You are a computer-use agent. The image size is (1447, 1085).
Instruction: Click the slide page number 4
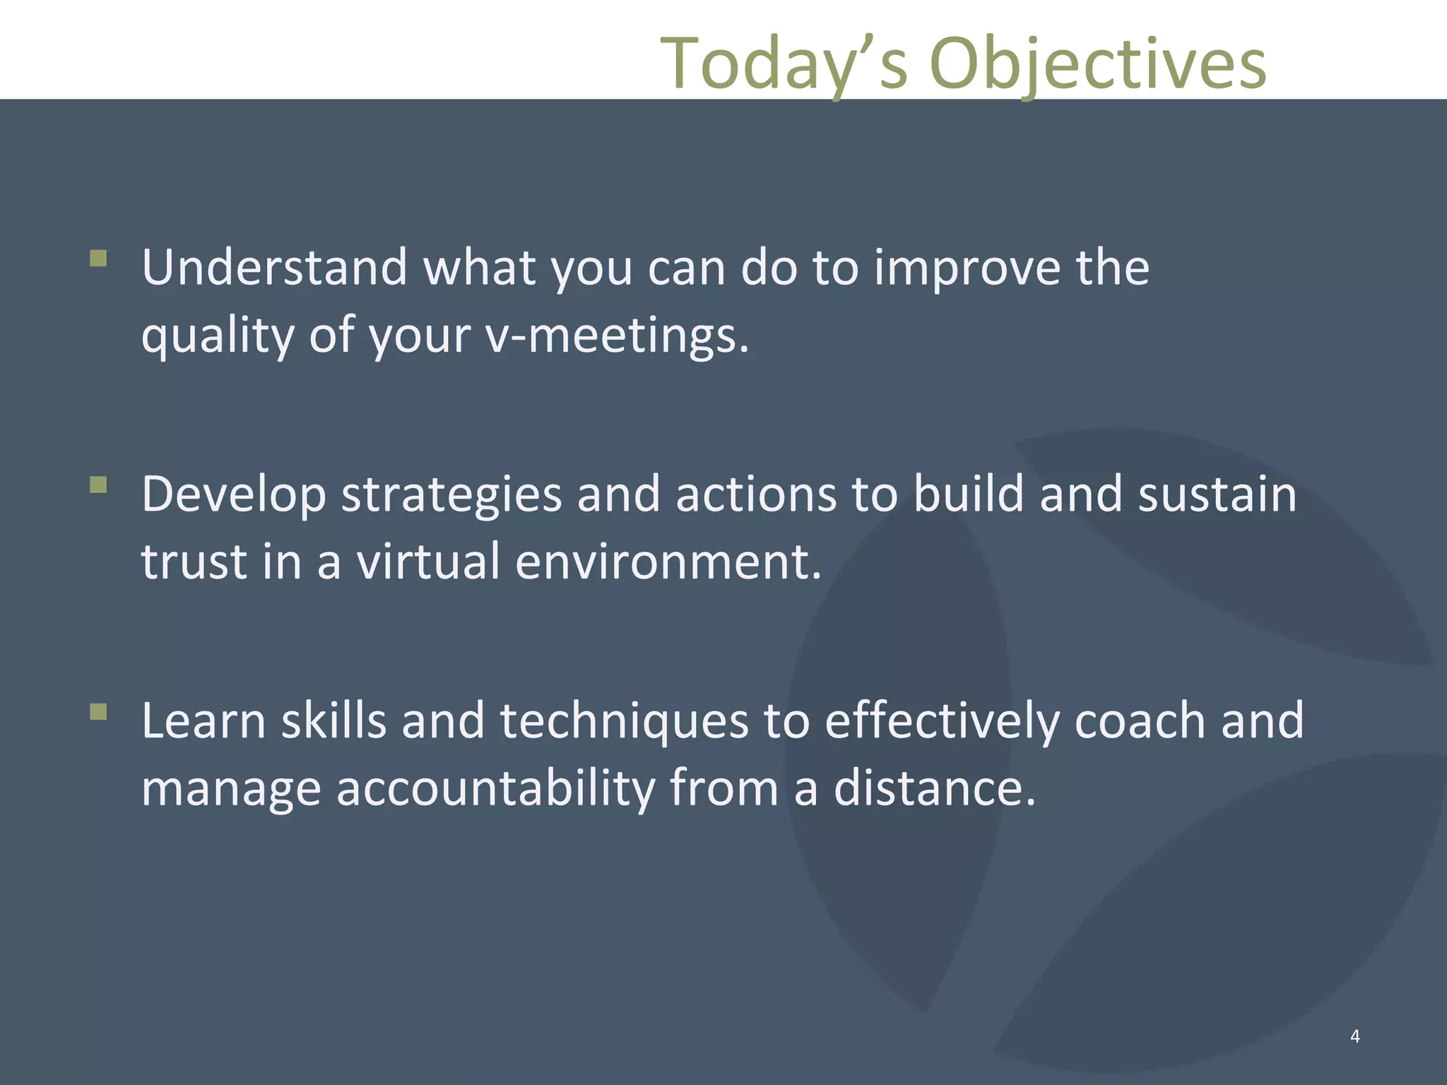[1354, 1036]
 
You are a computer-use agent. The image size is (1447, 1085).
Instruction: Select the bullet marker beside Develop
[99, 485]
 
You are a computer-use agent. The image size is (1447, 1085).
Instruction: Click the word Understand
[274, 268]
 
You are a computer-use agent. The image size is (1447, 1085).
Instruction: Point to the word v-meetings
[616, 335]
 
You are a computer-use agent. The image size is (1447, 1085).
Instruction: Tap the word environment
[668, 562]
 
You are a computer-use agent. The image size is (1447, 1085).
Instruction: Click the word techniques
[624, 721]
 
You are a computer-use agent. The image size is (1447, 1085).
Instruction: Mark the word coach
[1139, 721]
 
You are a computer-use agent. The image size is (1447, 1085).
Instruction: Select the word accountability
[495, 788]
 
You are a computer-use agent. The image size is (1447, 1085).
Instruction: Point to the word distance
[934, 788]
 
